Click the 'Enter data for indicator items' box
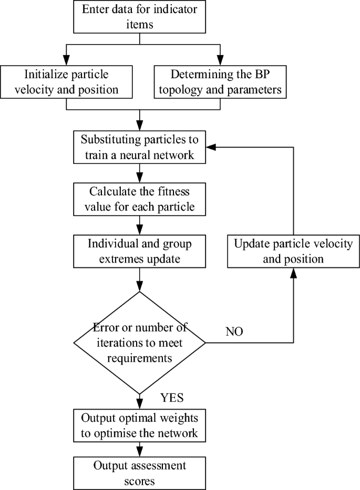[139, 17]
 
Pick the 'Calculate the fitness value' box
[139, 200]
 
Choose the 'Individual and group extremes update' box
[139, 251]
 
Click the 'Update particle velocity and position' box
[293, 251]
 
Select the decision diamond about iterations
[139, 342]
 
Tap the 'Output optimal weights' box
[139, 426]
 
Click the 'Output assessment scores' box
[139, 473]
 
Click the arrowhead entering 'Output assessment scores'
[139, 452]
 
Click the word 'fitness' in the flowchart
[161, 192]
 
